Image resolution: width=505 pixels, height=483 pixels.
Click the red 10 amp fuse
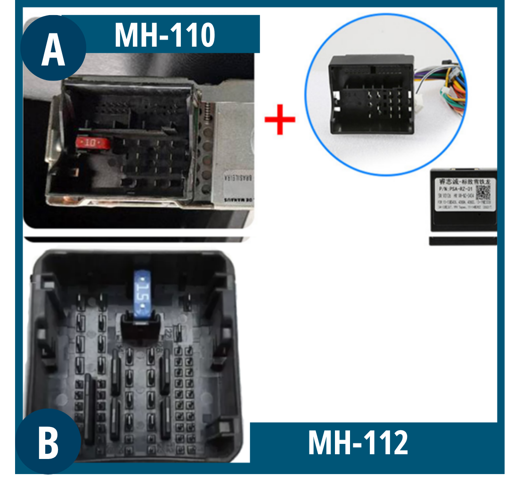coord(91,141)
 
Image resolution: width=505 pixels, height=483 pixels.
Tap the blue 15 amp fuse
coord(142,292)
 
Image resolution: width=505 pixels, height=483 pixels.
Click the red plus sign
coord(280,119)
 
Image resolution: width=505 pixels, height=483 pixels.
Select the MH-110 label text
coord(165,35)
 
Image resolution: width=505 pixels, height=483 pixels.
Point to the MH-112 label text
coord(358,443)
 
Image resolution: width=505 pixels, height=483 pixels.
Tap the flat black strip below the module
coord(463,242)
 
